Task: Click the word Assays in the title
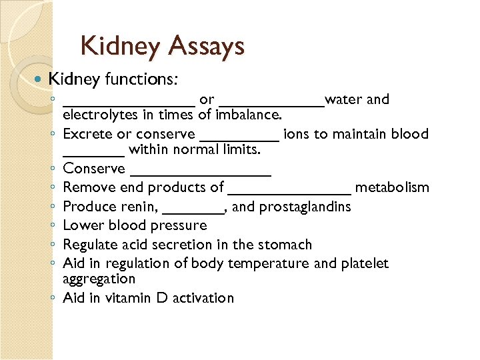coord(207,46)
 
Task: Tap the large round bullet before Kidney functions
coord(37,79)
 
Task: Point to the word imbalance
coord(249,115)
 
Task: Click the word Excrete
coord(88,134)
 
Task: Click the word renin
coord(141,207)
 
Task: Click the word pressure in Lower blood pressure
coord(181,225)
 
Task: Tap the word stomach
coord(286,245)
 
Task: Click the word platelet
coord(364,263)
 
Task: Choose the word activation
coord(203,298)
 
